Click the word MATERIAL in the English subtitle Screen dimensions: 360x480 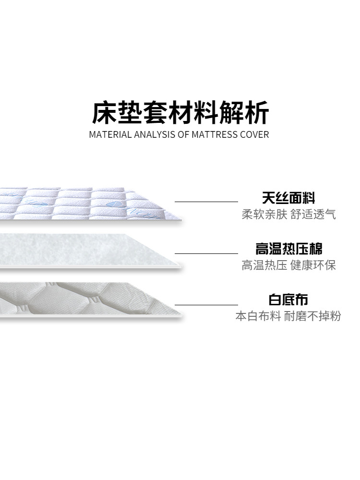[108, 134]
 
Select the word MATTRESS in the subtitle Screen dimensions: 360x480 [215, 134]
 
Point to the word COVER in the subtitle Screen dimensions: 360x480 [254, 134]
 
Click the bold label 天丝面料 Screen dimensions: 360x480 [288, 198]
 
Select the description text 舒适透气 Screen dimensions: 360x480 [313, 214]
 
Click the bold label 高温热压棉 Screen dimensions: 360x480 [288, 249]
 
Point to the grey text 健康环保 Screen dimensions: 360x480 [313, 265]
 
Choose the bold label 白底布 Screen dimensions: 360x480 [288, 300]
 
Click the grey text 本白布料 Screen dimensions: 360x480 [258, 316]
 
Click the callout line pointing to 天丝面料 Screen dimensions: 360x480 [206, 202]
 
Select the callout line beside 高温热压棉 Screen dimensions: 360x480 [206, 253]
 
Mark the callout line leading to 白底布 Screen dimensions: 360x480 [206, 305]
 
